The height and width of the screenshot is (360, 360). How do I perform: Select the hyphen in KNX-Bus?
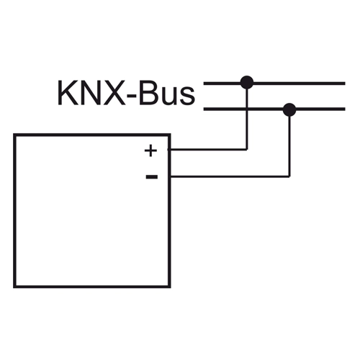click(132, 96)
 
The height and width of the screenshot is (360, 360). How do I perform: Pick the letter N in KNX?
click(90, 93)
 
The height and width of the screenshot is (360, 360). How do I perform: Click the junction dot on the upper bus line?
click(247, 83)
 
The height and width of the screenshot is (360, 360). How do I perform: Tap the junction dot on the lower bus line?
click(289, 110)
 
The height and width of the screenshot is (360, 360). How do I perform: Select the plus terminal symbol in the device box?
click(150, 150)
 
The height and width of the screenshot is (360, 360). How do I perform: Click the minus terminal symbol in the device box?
click(152, 177)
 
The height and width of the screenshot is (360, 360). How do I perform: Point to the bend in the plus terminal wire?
click(247, 149)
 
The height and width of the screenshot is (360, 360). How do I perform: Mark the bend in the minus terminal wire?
click(289, 176)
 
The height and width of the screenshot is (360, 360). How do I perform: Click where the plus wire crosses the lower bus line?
click(247, 109)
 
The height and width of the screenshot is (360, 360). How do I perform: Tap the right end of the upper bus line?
click(345, 84)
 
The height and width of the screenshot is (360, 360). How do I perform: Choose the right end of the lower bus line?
click(345, 109)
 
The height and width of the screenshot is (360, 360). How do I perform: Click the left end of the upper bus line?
click(204, 84)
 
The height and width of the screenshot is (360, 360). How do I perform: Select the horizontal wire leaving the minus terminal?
click(230, 176)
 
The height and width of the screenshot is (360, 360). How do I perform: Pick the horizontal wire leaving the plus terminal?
click(207, 149)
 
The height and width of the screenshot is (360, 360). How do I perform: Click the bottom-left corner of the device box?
click(14, 287)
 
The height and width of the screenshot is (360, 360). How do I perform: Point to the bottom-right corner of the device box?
click(169, 287)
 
